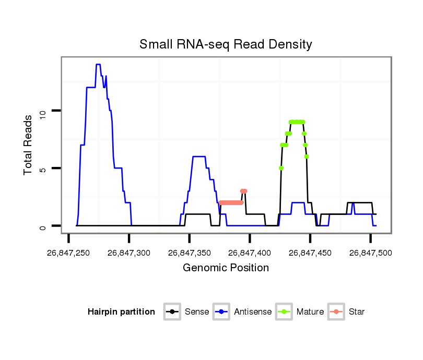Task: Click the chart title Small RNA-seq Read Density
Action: click(226, 44)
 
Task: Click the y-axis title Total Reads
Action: click(29, 145)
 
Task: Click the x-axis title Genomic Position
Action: click(226, 268)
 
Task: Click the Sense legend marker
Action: click(172, 312)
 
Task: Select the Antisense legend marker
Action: click(221, 312)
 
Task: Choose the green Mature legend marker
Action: click(284, 312)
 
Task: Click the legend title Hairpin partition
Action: click(121, 312)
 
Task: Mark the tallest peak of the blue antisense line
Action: click(98, 65)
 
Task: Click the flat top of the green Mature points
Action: click(297, 122)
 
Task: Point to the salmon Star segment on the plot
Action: click(231, 202)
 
